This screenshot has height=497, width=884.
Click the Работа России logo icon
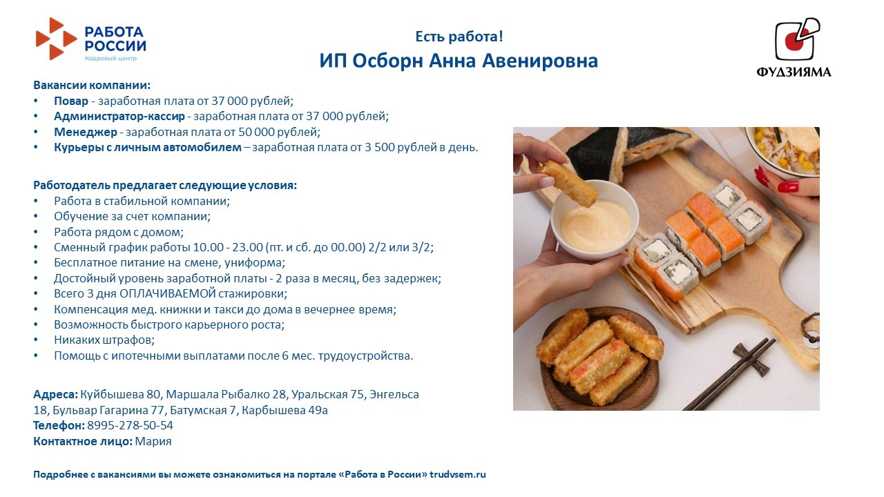(56, 39)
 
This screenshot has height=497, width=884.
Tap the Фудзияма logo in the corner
(794, 47)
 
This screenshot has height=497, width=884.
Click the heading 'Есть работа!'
(459, 37)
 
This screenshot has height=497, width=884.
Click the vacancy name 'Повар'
(71, 101)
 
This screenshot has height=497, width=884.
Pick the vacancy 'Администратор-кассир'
(119, 117)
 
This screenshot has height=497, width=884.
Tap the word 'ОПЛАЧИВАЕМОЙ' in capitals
(168, 293)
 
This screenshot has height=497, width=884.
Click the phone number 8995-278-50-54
(131, 425)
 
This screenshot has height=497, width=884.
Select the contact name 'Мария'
(153, 441)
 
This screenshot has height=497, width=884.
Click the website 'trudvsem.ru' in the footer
(458, 474)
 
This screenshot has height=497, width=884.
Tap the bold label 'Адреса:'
(56, 394)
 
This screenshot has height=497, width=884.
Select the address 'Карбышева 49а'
(285, 410)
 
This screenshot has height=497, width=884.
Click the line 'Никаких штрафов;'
(104, 340)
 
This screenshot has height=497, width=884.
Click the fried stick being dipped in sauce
(568, 183)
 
